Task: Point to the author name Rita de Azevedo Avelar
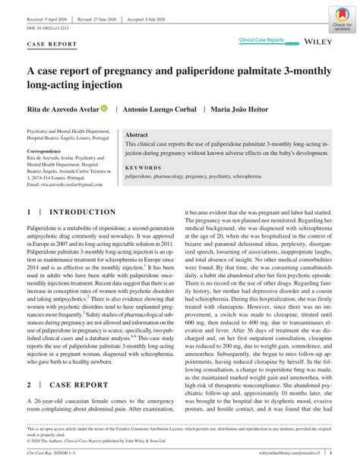[61, 109]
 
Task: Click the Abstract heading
[137, 134]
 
